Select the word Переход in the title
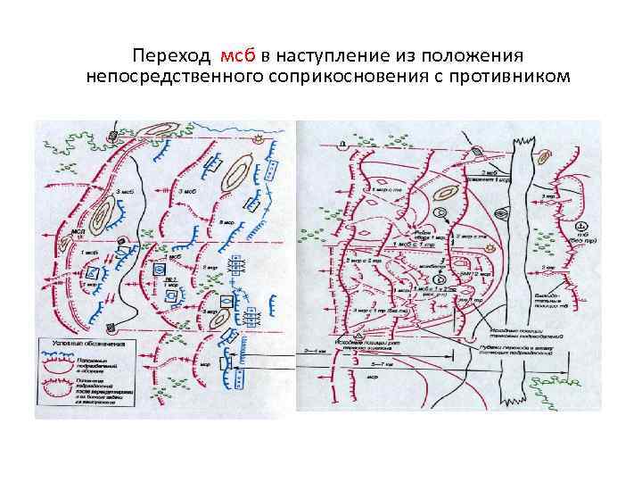[171, 55]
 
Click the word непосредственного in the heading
[173, 77]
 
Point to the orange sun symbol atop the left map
[259, 140]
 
